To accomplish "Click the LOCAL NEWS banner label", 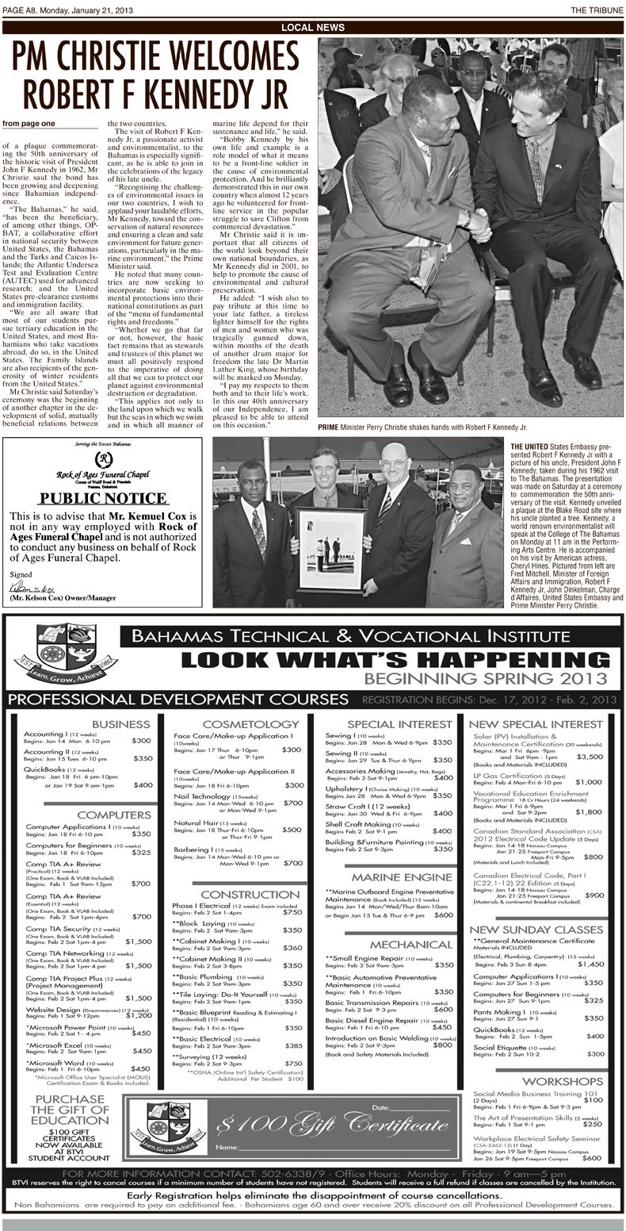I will click(312, 27).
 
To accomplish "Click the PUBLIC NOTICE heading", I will click(108, 497).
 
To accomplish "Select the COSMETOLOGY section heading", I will click(239, 724).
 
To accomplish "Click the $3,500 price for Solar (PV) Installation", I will click(590, 757).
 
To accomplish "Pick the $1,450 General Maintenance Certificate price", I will click(590, 964).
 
